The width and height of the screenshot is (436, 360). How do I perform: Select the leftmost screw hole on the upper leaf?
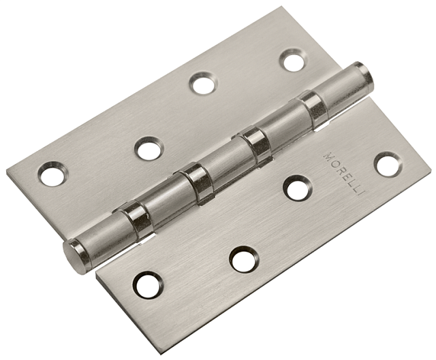(53, 174)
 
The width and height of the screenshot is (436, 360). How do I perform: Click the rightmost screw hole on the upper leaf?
(294, 60)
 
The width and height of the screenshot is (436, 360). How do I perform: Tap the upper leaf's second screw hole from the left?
(149, 148)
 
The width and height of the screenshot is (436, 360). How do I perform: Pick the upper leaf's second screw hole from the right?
(203, 83)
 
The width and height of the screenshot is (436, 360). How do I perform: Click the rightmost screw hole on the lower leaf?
(388, 165)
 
